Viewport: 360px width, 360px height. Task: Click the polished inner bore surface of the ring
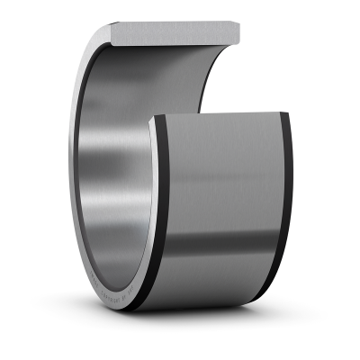click(112, 180)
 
